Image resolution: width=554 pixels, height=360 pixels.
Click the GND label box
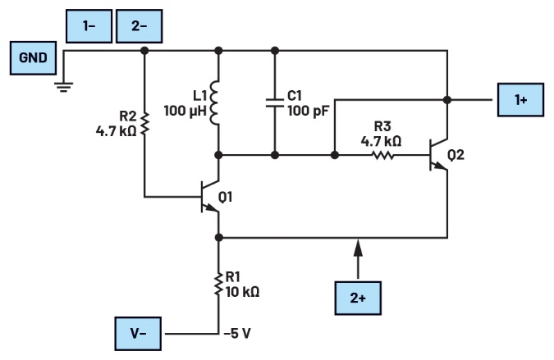(34, 58)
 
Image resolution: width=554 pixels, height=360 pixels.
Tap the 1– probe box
(89, 27)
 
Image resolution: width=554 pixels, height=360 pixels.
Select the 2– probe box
(140, 27)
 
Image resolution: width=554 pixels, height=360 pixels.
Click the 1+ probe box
(521, 100)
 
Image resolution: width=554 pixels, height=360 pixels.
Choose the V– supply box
(138, 334)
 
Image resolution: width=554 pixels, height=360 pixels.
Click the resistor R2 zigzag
(144, 123)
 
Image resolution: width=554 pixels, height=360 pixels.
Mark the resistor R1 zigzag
(218, 285)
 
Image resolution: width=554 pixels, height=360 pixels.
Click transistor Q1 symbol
(209, 197)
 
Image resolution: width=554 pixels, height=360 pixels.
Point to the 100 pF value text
(307, 110)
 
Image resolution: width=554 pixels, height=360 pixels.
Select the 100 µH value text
(185, 110)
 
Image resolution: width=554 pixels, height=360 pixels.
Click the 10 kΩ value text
(244, 291)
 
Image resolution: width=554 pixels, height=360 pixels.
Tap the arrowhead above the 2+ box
(357, 244)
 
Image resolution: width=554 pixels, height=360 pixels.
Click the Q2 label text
(456, 154)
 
